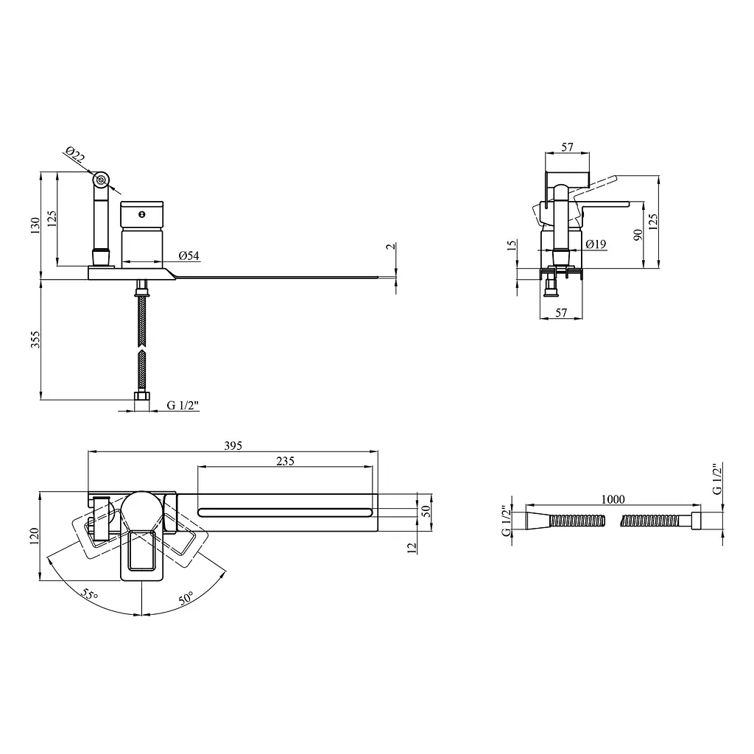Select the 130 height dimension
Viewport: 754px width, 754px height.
[x=35, y=225]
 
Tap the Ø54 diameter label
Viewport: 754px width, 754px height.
[x=189, y=256]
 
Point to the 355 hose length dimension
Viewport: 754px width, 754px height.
[x=35, y=339]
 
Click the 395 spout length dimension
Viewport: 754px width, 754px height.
[x=233, y=445]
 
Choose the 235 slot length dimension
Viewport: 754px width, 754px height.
[x=285, y=461]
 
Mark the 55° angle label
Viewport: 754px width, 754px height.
[x=89, y=594]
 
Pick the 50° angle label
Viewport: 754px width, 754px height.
[x=186, y=598]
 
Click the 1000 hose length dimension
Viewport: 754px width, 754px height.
[x=613, y=499]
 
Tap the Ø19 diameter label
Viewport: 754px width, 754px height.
[x=596, y=244]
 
